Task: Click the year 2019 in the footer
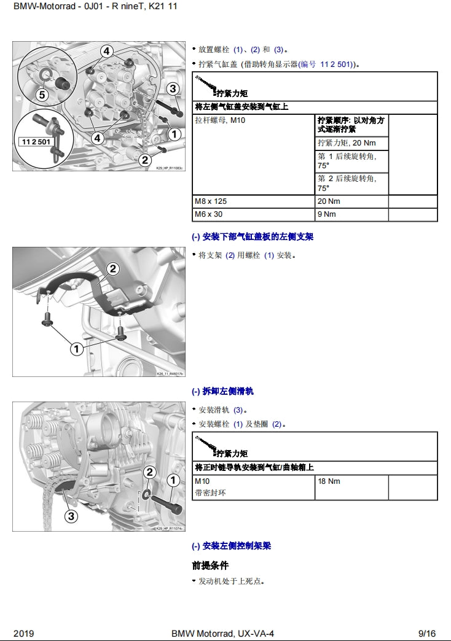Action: (x=23, y=633)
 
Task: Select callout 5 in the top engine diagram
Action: (x=42, y=95)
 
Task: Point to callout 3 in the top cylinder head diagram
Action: (x=173, y=88)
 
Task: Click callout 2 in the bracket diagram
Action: (x=112, y=268)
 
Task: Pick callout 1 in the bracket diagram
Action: (x=76, y=349)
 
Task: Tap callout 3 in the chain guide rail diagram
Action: (x=71, y=516)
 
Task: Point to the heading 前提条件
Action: (x=210, y=565)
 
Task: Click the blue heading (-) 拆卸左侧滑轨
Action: (x=222, y=391)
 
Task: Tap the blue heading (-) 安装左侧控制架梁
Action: (x=231, y=545)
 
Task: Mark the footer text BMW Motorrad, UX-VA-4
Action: (x=222, y=633)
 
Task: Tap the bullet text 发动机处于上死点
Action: (x=231, y=581)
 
